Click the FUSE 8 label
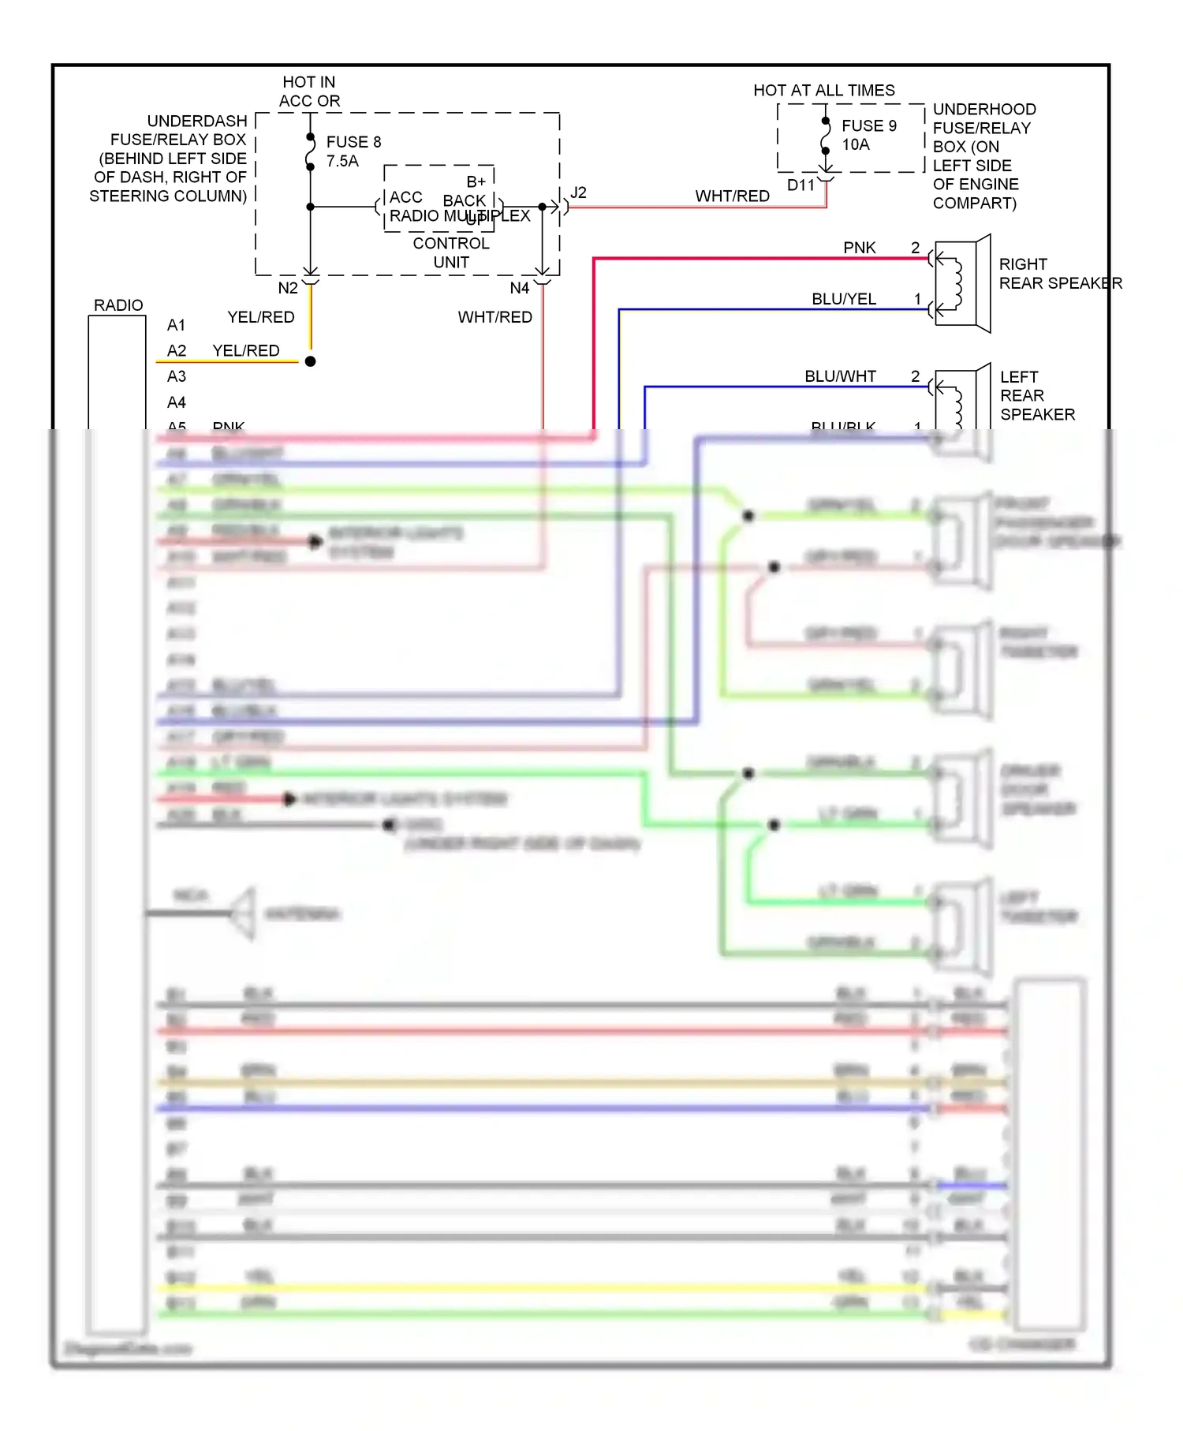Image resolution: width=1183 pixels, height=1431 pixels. click(353, 142)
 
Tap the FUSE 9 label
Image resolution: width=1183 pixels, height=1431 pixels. click(868, 126)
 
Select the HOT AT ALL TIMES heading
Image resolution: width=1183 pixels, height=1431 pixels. click(823, 91)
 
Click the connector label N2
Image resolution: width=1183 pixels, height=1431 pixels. click(288, 289)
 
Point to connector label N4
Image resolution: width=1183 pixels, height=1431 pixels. click(519, 289)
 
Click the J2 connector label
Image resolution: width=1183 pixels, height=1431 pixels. click(578, 193)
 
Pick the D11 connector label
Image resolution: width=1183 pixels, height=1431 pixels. click(800, 185)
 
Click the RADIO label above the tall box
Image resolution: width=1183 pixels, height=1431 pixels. click(118, 305)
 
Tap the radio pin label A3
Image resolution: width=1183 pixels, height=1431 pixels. click(177, 377)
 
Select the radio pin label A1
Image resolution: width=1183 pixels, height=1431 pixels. click(177, 326)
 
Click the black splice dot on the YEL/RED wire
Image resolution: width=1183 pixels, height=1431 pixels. click(311, 361)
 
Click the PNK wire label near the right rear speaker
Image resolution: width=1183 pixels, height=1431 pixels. click(859, 248)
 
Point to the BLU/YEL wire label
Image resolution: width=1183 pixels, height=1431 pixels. click(843, 300)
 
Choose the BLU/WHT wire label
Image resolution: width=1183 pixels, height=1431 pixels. click(840, 377)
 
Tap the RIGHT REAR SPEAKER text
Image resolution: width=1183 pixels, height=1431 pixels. click(1059, 274)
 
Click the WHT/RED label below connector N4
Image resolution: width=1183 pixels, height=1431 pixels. click(494, 317)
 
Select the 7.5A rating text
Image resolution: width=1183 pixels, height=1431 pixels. click(342, 161)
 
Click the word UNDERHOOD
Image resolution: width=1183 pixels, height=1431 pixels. click(983, 110)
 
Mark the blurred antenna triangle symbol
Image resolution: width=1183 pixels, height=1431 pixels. click(244, 914)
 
